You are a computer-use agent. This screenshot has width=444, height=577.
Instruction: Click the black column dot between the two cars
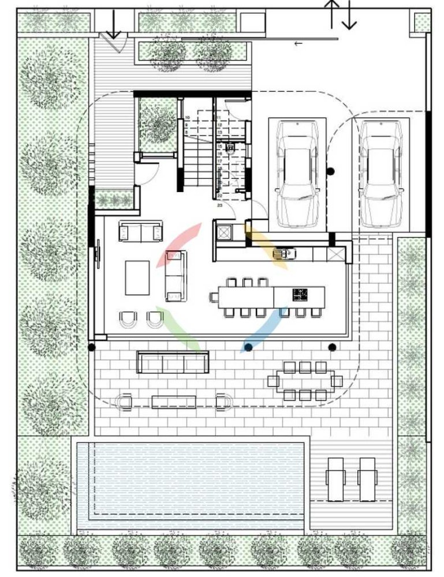point(331,171)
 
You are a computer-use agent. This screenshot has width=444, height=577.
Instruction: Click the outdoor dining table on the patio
point(304,381)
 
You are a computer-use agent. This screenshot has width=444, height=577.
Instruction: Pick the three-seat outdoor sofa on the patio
point(172,362)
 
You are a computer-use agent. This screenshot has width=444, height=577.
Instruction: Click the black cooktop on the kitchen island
point(300,294)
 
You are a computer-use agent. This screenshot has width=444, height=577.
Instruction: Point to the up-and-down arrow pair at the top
point(341,14)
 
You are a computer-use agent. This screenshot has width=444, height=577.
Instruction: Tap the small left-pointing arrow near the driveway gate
point(299,44)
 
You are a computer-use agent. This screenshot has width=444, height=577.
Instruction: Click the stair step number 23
point(220,204)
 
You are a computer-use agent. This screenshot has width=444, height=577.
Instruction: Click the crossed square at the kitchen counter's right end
point(336,253)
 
